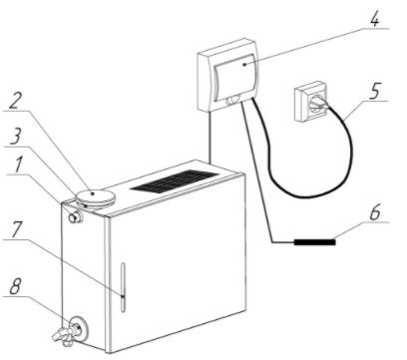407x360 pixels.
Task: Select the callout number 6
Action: click(x=375, y=212)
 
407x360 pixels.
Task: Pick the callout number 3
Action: click(x=15, y=137)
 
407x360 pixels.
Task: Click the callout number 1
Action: click(x=19, y=165)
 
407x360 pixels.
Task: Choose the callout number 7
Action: click(x=17, y=229)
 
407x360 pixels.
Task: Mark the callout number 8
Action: click(x=16, y=286)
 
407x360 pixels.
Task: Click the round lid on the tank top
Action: click(x=96, y=197)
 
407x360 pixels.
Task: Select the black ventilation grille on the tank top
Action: click(x=175, y=180)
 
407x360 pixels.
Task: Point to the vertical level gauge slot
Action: click(x=123, y=287)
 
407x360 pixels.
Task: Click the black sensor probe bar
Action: click(x=314, y=242)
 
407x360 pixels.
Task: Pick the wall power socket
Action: click(x=312, y=102)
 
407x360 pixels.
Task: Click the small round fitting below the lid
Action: click(x=75, y=217)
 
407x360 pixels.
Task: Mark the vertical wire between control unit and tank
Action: click(x=209, y=137)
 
